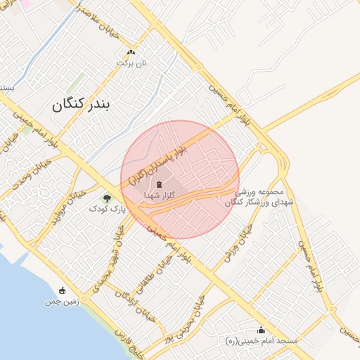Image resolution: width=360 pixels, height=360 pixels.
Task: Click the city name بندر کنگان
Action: pos(82,105)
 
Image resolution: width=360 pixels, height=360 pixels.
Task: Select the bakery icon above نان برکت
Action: pos(131,53)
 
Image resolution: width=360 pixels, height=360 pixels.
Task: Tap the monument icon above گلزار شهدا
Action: pos(159,184)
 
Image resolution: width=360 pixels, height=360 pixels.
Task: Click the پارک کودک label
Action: pos(106,209)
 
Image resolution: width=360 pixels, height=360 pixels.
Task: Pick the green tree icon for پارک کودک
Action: pos(107,198)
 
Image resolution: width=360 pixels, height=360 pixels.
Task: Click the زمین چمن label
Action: pos(59,301)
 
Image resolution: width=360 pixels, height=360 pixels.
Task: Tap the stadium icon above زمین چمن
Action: pos(63,290)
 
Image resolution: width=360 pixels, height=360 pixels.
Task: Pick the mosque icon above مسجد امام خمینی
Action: pos(262,330)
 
